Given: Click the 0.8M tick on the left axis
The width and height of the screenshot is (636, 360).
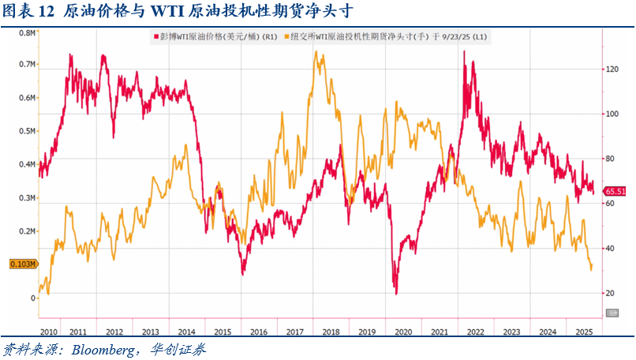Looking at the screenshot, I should [25, 34].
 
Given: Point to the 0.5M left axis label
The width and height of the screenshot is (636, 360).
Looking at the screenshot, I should [25, 132].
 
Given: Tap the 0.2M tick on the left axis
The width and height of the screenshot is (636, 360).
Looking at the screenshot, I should [25, 231].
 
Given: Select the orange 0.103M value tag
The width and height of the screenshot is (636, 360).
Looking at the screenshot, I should [22, 264].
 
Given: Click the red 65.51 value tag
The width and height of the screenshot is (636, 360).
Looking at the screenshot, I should [615, 191].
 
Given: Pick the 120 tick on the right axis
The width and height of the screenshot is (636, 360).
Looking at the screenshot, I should [612, 69].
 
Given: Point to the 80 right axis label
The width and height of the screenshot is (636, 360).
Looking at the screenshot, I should [610, 159].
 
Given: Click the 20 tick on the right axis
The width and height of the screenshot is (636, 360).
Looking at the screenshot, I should [610, 293].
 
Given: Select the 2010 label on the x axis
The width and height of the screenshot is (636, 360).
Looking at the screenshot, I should [49, 332].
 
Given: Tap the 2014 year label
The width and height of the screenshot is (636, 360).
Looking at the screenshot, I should [187, 332].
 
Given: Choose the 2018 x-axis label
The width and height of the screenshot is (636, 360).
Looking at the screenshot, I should [331, 332].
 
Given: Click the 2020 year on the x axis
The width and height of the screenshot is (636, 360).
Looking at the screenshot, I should [403, 332].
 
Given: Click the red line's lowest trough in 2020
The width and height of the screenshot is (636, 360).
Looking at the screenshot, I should [396, 294].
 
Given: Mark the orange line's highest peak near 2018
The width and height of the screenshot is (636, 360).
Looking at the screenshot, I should [316, 52].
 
